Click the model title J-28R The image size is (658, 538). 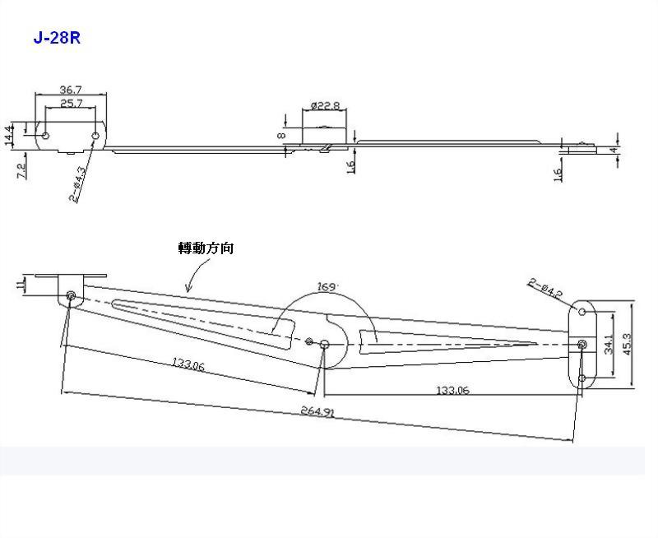[57, 38]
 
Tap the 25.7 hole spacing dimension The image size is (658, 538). [71, 103]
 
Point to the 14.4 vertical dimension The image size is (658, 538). [10, 134]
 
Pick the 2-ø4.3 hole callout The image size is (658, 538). [78, 184]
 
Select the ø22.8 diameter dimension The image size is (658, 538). [326, 105]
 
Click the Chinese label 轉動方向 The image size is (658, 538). [206, 248]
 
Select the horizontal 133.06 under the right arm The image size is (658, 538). [452, 391]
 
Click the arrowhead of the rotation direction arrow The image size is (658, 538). [188, 290]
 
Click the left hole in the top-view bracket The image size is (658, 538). [46, 134]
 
